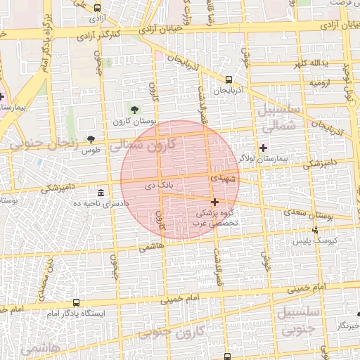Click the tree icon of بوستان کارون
click(x=134, y=109)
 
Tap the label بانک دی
click(x=158, y=186)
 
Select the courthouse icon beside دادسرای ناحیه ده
click(x=102, y=193)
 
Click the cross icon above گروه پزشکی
click(x=214, y=202)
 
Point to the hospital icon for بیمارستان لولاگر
click(x=263, y=148)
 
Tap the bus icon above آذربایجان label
click(x=229, y=79)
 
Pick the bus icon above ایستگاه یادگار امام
click(x=76, y=302)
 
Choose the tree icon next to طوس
click(x=90, y=139)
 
